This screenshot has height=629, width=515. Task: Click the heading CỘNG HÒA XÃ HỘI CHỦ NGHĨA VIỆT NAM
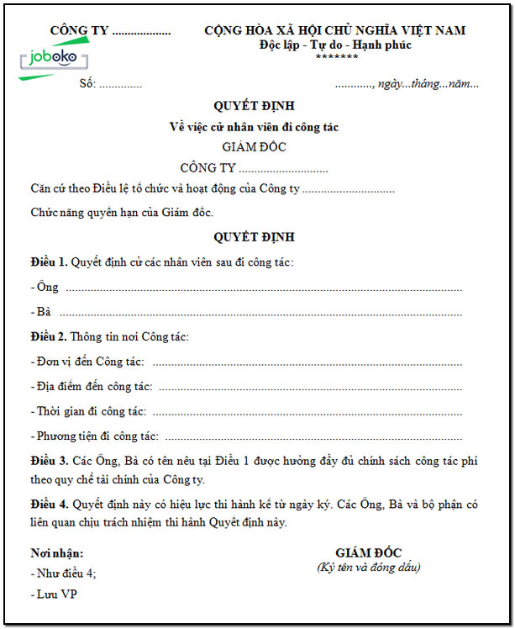point(334,31)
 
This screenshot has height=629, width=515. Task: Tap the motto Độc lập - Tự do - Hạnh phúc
point(335,45)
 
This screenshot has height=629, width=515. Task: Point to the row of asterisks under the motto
point(337,57)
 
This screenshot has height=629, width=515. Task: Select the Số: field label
point(87,83)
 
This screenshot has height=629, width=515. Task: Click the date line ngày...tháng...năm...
point(428,83)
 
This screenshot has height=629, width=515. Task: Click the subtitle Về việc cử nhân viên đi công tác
point(254,127)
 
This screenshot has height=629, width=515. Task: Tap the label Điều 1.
point(48,263)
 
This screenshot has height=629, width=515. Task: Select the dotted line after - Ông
point(264,289)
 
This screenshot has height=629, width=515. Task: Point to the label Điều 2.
point(48,337)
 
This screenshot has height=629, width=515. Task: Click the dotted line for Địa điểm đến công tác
point(310,388)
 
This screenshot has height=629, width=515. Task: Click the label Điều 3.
point(48,462)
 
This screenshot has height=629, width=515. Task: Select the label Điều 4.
point(48,505)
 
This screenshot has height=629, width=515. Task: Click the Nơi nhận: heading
point(56,553)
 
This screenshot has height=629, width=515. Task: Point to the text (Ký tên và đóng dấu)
point(369,568)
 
